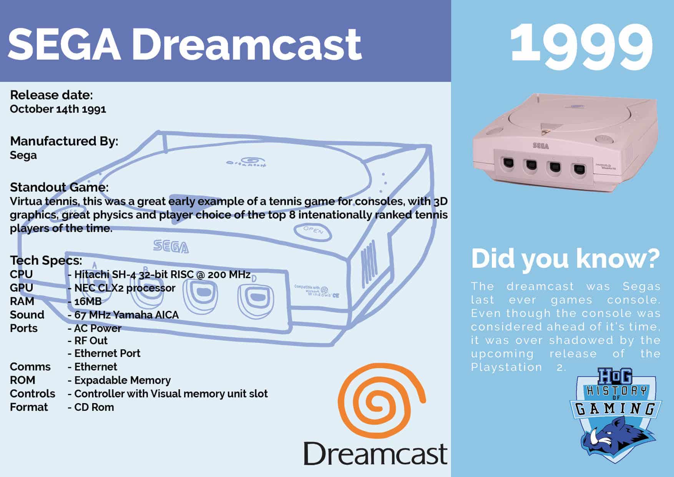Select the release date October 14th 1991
coord(58,109)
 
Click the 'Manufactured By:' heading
coord(64,141)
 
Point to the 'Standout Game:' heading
coord(59,187)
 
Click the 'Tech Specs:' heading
coord(46,260)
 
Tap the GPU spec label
coord(22,288)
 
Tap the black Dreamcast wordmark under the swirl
coord(375,454)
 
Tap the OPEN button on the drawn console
coord(313,230)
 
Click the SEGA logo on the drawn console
coord(171,247)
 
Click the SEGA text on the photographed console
coord(541,146)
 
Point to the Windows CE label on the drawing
coord(317,291)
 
